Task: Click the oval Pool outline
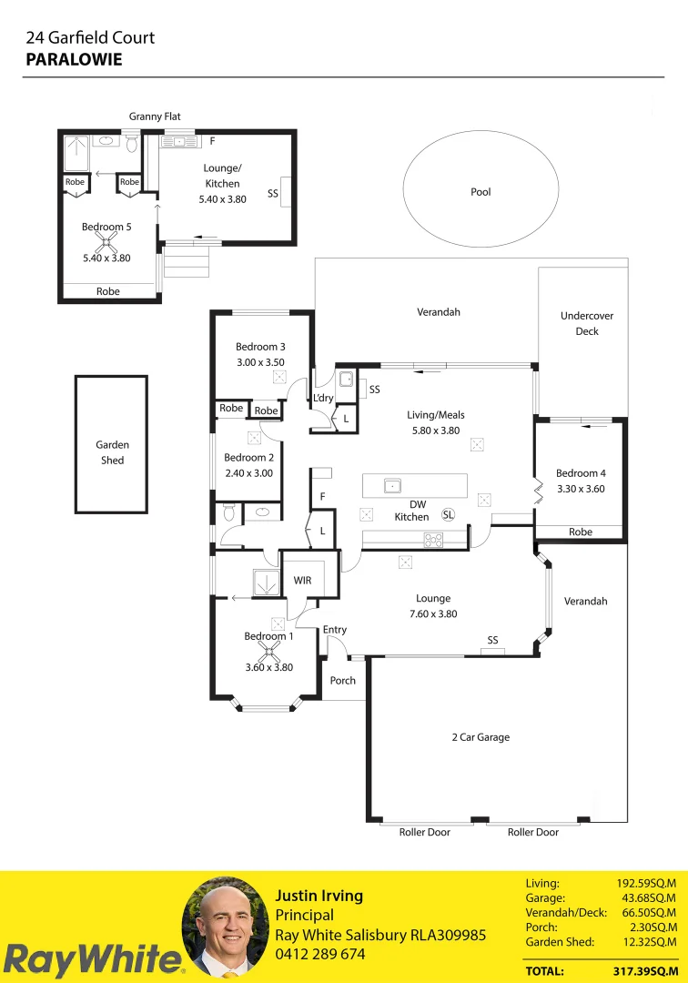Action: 481,192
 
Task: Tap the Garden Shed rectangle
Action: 111,444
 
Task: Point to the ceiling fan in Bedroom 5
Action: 107,242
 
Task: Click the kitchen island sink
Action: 391,485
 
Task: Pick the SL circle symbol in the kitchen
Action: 448,514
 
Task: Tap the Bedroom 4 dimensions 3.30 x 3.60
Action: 580,489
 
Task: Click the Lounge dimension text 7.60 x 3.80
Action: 433,614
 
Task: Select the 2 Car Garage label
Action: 481,737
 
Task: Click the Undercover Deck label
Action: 587,324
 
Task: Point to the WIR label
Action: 302,580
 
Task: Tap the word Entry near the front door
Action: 335,630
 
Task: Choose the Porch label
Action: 343,681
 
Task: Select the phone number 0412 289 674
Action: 319,955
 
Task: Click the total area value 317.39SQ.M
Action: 642,971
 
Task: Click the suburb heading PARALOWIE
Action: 74,59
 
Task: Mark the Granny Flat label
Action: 155,117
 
